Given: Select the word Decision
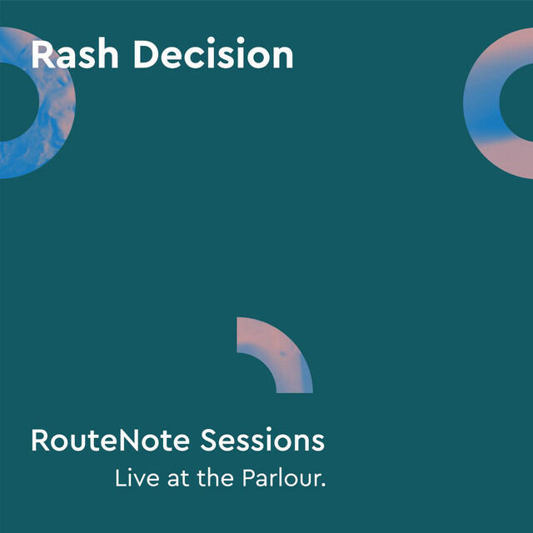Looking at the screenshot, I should click(213, 55).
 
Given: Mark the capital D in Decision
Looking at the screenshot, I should click(146, 55).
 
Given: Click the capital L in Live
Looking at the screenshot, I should click(120, 480).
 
